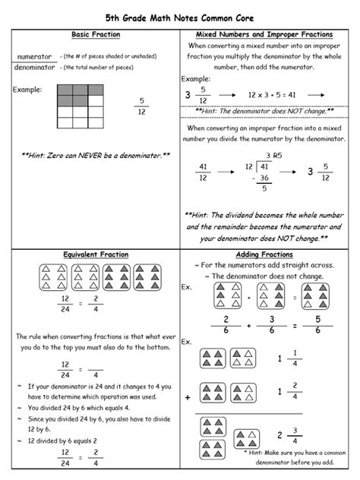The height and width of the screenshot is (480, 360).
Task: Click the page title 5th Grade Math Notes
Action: click(x=180, y=16)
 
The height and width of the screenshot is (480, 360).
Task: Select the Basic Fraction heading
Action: click(x=90, y=35)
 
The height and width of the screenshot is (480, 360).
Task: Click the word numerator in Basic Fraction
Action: click(x=34, y=57)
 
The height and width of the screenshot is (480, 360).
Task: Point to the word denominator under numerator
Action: click(x=35, y=68)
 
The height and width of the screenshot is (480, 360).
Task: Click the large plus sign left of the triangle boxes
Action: click(x=187, y=396)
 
